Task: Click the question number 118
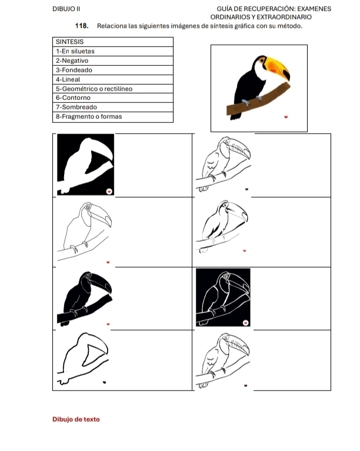82,26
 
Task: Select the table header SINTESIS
69,42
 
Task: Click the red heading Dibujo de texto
76,419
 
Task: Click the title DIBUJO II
66,9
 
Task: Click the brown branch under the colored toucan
258,99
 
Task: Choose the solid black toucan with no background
85,299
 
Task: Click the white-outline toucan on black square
223,298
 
